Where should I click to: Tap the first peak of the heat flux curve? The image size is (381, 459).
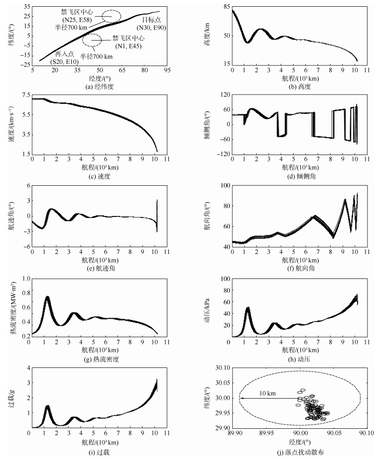pos(47,297)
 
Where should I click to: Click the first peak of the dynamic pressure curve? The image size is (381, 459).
pos(248,308)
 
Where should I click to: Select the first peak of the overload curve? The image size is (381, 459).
pos(47,406)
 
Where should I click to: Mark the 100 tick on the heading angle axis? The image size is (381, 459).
pos(224,186)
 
